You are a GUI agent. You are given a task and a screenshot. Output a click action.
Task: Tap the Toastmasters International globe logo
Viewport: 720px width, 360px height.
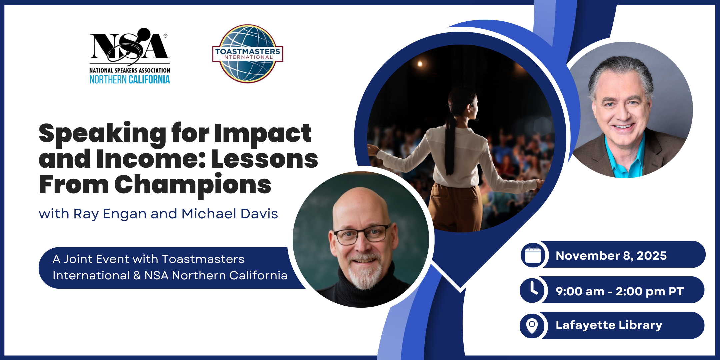pos(248,53)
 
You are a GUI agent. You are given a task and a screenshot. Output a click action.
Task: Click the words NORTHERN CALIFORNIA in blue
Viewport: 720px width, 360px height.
pos(130,79)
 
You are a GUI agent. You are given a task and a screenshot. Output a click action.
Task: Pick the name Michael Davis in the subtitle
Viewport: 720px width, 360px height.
pos(230,214)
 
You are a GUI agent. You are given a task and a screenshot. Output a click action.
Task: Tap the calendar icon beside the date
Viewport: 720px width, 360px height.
pos(533,255)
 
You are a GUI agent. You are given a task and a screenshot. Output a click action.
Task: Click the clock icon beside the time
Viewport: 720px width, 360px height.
pos(533,290)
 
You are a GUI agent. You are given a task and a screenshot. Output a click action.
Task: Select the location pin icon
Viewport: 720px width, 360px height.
pos(532,325)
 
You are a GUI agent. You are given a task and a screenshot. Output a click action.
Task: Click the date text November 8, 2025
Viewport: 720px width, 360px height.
pos(611,256)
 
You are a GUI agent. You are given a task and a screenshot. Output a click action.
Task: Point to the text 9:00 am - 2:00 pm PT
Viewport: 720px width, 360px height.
pos(619,291)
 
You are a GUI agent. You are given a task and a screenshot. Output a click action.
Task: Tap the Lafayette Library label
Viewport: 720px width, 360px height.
pos(609,325)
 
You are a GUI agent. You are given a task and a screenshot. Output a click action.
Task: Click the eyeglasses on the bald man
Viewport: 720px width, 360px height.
pos(362,234)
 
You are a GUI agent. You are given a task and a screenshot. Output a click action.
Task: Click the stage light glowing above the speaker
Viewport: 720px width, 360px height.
pos(420,63)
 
